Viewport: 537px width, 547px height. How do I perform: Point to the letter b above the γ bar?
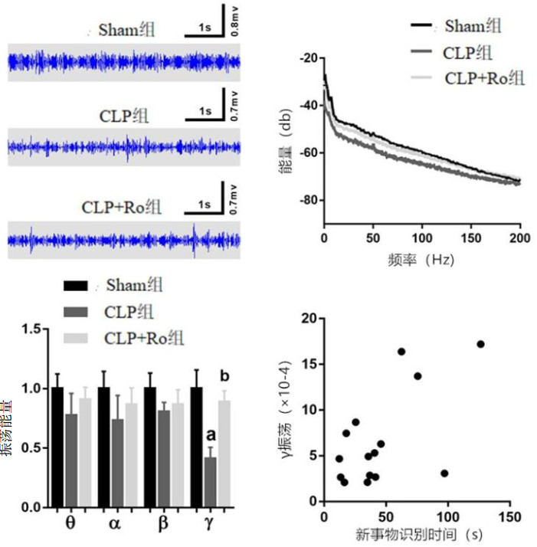(x=224, y=377)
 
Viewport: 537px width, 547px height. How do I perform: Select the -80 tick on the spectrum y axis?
(x=308, y=201)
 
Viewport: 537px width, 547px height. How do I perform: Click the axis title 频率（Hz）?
(x=421, y=260)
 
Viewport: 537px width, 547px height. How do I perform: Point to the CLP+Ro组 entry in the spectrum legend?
(x=483, y=77)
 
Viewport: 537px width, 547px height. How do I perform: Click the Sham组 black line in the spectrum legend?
(x=421, y=26)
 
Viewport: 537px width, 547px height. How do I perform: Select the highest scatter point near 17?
(x=480, y=344)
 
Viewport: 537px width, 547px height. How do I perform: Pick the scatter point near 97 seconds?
(x=444, y=473)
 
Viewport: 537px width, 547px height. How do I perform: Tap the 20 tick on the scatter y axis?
(x=308, y=318)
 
